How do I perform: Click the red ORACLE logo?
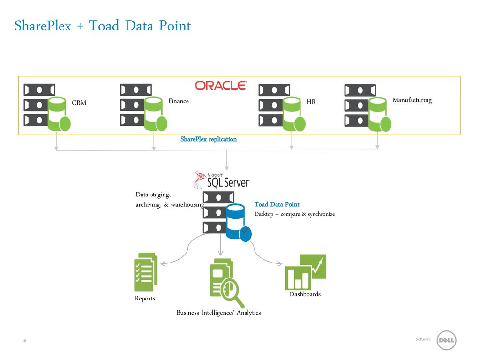click(x=221, y=85)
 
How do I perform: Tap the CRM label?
click(x=79, y=103)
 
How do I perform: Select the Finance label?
click(x=179, y=101)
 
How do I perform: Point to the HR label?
click(x=311, y=102)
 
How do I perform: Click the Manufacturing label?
click(x=412, y=100)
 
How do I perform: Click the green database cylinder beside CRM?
click(x=59, y=114)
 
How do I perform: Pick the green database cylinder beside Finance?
click(x=156, y=114)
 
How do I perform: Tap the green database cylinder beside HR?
click(x=293, y=114)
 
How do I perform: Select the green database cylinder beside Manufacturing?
click(x=380, y=114)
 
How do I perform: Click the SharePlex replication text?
click(x=209, y=139)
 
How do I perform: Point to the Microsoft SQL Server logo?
click(x=222, y=180)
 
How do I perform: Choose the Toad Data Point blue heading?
click(x=277, y=204)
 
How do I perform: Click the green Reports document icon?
click(x=146, y=272)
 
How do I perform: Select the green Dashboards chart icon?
click(x=306, y=272)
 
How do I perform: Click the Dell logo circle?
click(x=446, y=340)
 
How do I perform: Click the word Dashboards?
click(x=305, y=294)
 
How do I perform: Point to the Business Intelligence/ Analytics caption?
click(x=218, y=313)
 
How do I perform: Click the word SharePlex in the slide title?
click(x=43, y=26)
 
